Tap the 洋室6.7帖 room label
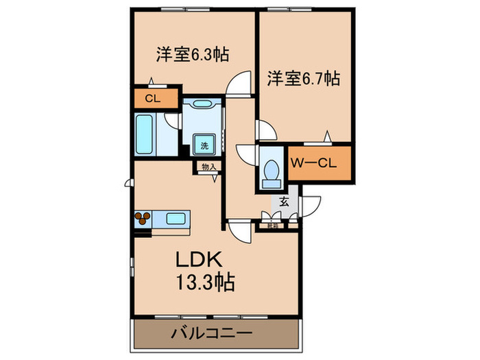click(303, 79)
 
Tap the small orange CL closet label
click(153, 98)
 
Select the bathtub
click(145, 134)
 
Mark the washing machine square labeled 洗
click(204, 145)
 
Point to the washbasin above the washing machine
click(202, 104)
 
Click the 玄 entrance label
click(283, 202)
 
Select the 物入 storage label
click(208, 166)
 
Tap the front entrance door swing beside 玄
click(311, 206)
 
